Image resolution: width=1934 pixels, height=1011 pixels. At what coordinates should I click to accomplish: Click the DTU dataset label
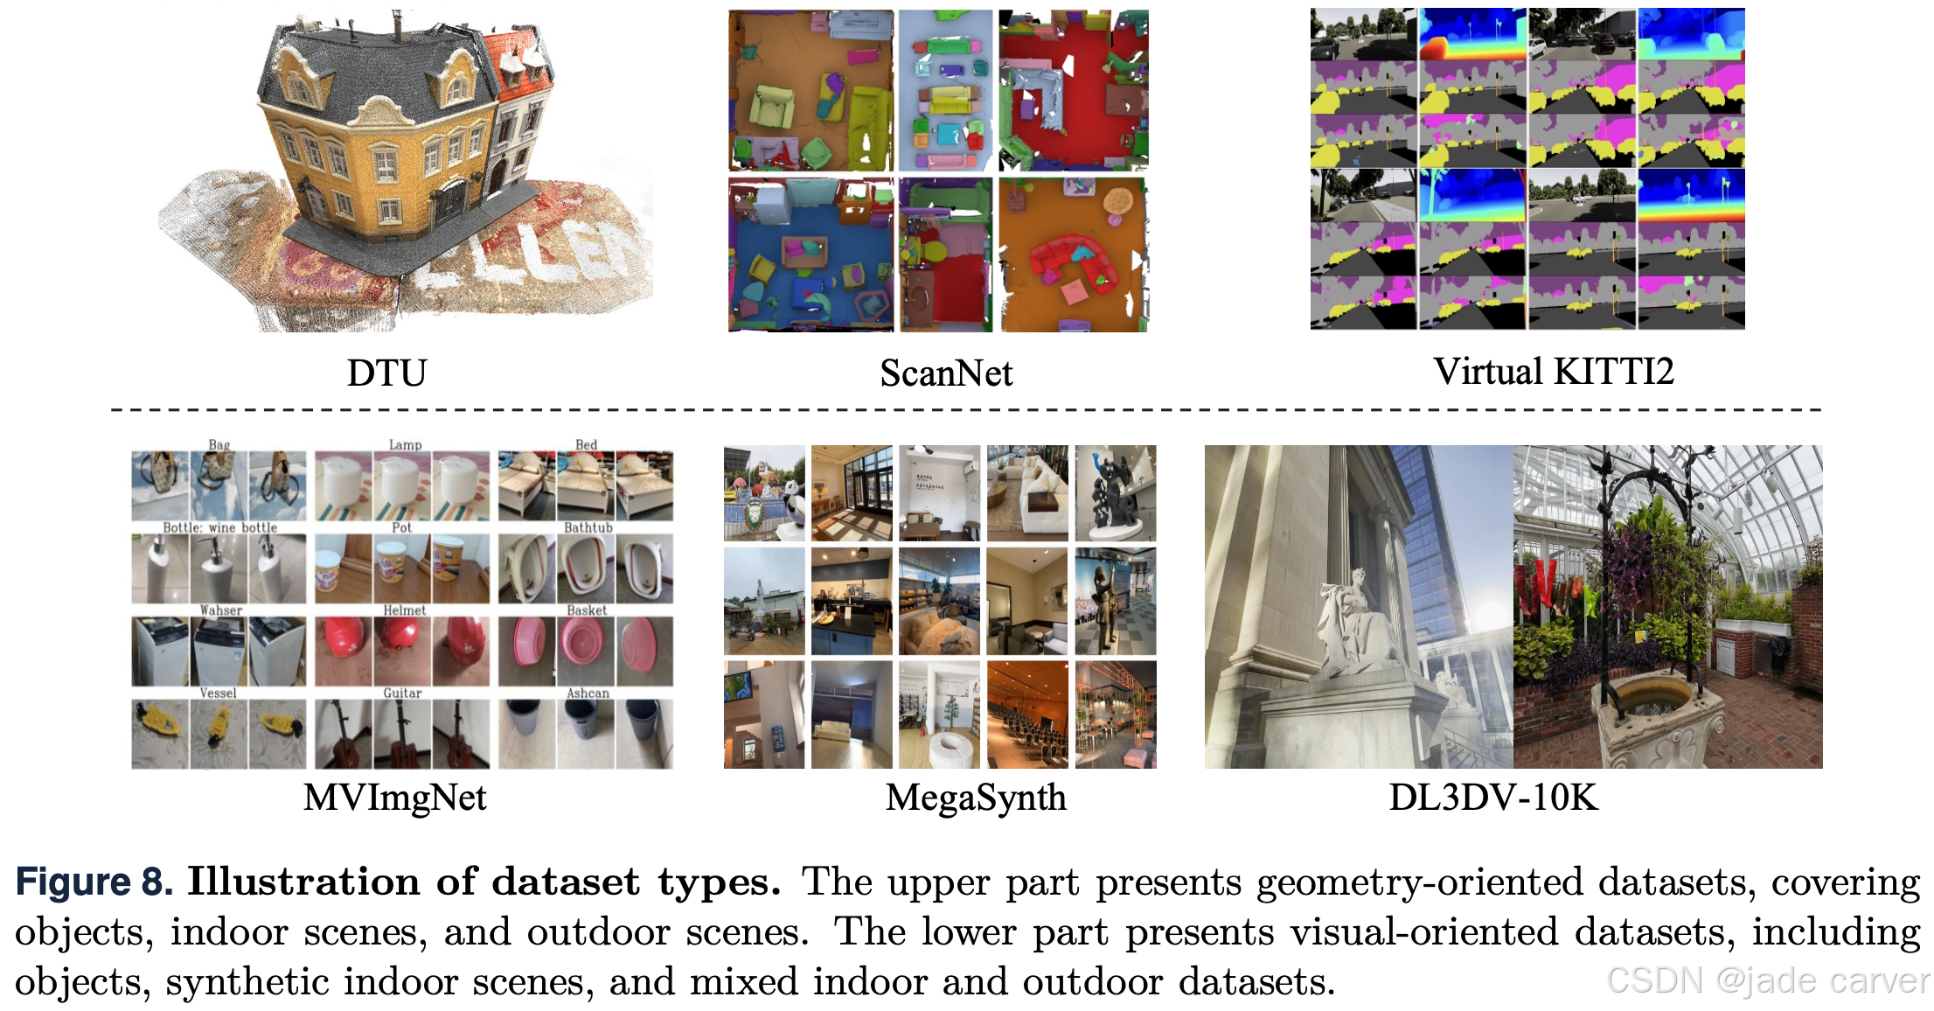[x=386, y=373]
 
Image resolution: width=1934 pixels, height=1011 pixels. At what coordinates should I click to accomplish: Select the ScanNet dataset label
[x=946, y=373]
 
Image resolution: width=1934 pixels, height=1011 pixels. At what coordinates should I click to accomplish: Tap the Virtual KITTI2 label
[x=1553, y=372]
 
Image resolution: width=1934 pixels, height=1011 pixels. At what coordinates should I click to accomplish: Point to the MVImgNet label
[x=394, y=798]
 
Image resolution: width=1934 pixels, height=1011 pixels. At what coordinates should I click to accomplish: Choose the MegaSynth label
[x=976, y=798]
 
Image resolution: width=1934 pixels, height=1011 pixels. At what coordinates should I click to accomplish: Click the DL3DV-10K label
[x=1493, y=798]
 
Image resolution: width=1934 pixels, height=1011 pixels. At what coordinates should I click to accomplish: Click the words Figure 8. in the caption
[x=94, y=882]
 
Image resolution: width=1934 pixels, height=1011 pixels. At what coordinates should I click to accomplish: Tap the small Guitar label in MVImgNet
[x=402, y=693]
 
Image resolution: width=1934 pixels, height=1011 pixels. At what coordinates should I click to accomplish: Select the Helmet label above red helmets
[x=404, y=610]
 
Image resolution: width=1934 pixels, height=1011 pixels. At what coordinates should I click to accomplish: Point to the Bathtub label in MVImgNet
[x=588, y=527]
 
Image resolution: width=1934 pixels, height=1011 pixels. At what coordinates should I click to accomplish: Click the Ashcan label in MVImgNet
[x=588, y=693]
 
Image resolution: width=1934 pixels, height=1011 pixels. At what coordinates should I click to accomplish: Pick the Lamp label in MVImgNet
[x=405, y=445]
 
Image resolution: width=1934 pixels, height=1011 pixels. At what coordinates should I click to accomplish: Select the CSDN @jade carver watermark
[x=1766, y=980]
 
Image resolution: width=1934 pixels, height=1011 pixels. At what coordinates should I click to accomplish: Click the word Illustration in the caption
[x=304, y=882]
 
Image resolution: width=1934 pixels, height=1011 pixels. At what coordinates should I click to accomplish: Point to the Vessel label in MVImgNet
[x=218, y=693]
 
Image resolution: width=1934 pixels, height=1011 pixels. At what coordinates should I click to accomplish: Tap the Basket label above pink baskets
[x=587, y=610]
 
